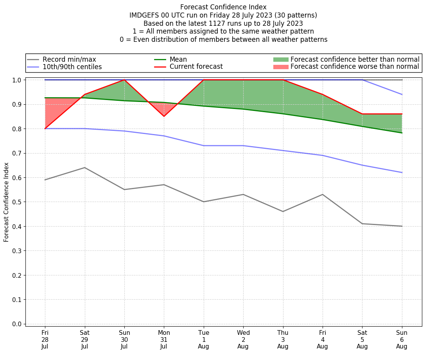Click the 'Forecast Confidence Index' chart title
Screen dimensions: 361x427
223,7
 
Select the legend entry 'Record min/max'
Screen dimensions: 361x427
69,59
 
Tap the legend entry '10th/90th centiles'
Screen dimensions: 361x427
72,67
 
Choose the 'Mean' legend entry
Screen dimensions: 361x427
178,59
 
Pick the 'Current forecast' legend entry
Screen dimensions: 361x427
196,67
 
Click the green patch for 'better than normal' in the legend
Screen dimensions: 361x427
281,59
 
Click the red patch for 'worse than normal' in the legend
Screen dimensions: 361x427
281,67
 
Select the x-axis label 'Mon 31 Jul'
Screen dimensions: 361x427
164,340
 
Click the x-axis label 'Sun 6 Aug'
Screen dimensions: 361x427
402,340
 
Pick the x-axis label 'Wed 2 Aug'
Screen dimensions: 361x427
243,340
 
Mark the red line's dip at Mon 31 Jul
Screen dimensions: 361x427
164,116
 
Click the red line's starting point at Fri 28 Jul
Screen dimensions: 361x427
45,129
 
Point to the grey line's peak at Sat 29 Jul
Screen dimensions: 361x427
84,168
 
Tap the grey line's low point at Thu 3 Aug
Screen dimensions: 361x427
283,211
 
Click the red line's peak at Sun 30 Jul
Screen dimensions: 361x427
124,80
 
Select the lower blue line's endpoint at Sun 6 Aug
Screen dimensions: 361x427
402,172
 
